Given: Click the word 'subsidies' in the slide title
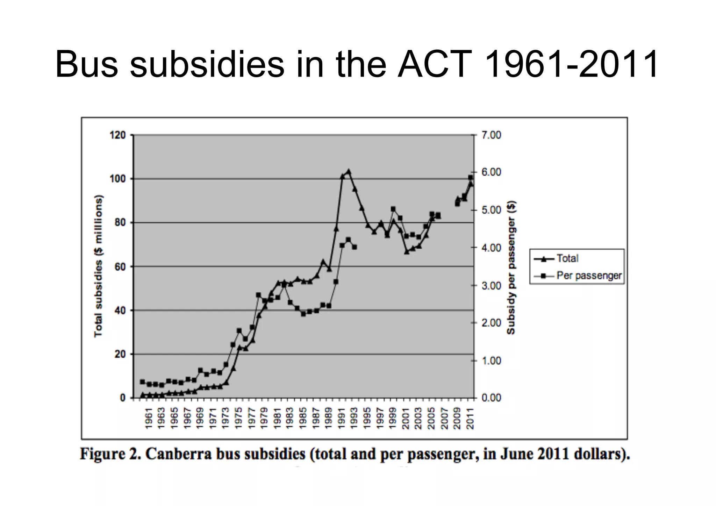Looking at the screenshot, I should tap(207, 64).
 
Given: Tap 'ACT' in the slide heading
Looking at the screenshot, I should tap(435, 64).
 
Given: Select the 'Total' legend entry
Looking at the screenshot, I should tap(567, 258).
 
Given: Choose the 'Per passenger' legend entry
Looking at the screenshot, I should tap(589, 276).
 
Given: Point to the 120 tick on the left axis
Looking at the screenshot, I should tap(118, 135).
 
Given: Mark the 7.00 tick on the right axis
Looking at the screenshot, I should tap(491, 135).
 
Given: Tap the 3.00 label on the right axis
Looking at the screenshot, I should tap(491, 286).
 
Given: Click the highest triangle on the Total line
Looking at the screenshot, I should tap(349, 172).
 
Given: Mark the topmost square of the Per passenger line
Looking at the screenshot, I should tap(470, 177).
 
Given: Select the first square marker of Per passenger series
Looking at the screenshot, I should tap(142, 382).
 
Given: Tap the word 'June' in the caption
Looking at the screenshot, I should tap(517, 454).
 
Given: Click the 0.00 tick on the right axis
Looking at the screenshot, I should tap(491, 398).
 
